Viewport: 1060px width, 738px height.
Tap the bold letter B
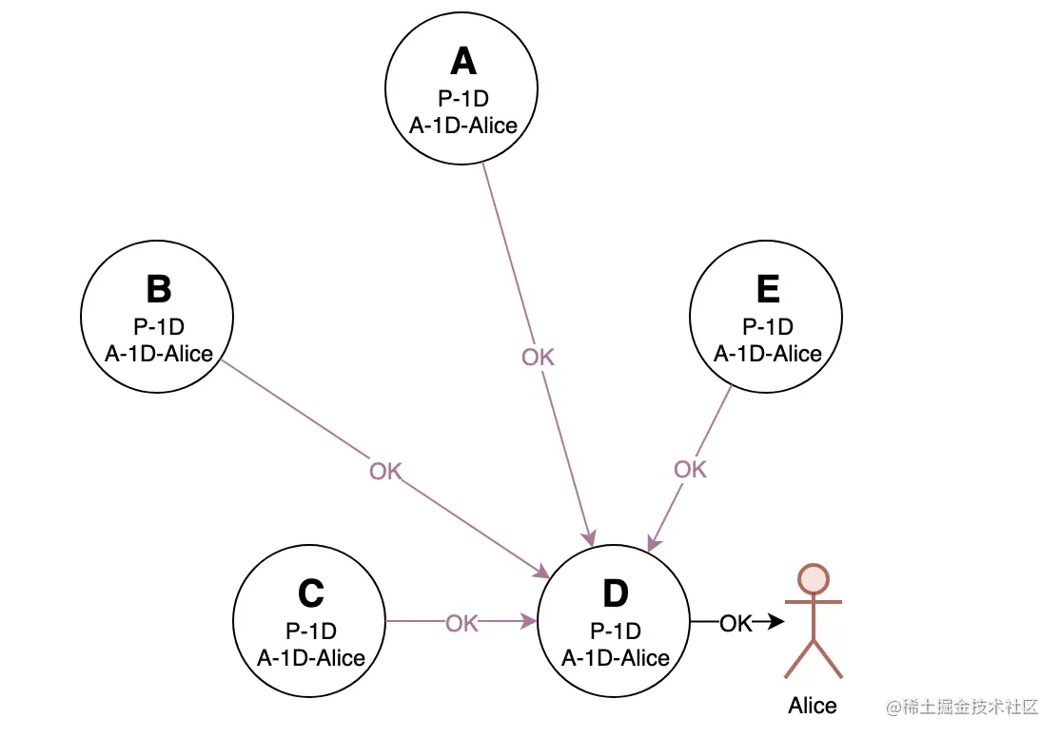point(158,289)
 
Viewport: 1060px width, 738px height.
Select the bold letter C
point(310,593)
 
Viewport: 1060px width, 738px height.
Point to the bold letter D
point(616,593)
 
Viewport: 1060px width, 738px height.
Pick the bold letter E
point(768,289)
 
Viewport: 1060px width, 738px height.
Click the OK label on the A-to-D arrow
point(538,358)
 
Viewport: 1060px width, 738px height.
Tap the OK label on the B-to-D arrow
point(385,471)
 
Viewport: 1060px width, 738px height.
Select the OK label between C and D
point(461,623)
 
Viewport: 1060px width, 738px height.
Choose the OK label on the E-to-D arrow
point(690,469)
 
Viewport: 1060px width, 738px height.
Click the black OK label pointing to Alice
point(736,623)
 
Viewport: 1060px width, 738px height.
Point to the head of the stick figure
point(814,579)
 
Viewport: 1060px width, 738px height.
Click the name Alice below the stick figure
point(813,706)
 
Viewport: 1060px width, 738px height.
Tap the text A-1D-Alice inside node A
point(462,125)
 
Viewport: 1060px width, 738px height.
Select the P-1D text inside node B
point(158,327)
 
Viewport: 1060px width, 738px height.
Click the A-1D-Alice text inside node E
point(768,353)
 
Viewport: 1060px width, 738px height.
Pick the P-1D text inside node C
point(310,631)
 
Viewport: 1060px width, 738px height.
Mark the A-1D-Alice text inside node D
point(616,657)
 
